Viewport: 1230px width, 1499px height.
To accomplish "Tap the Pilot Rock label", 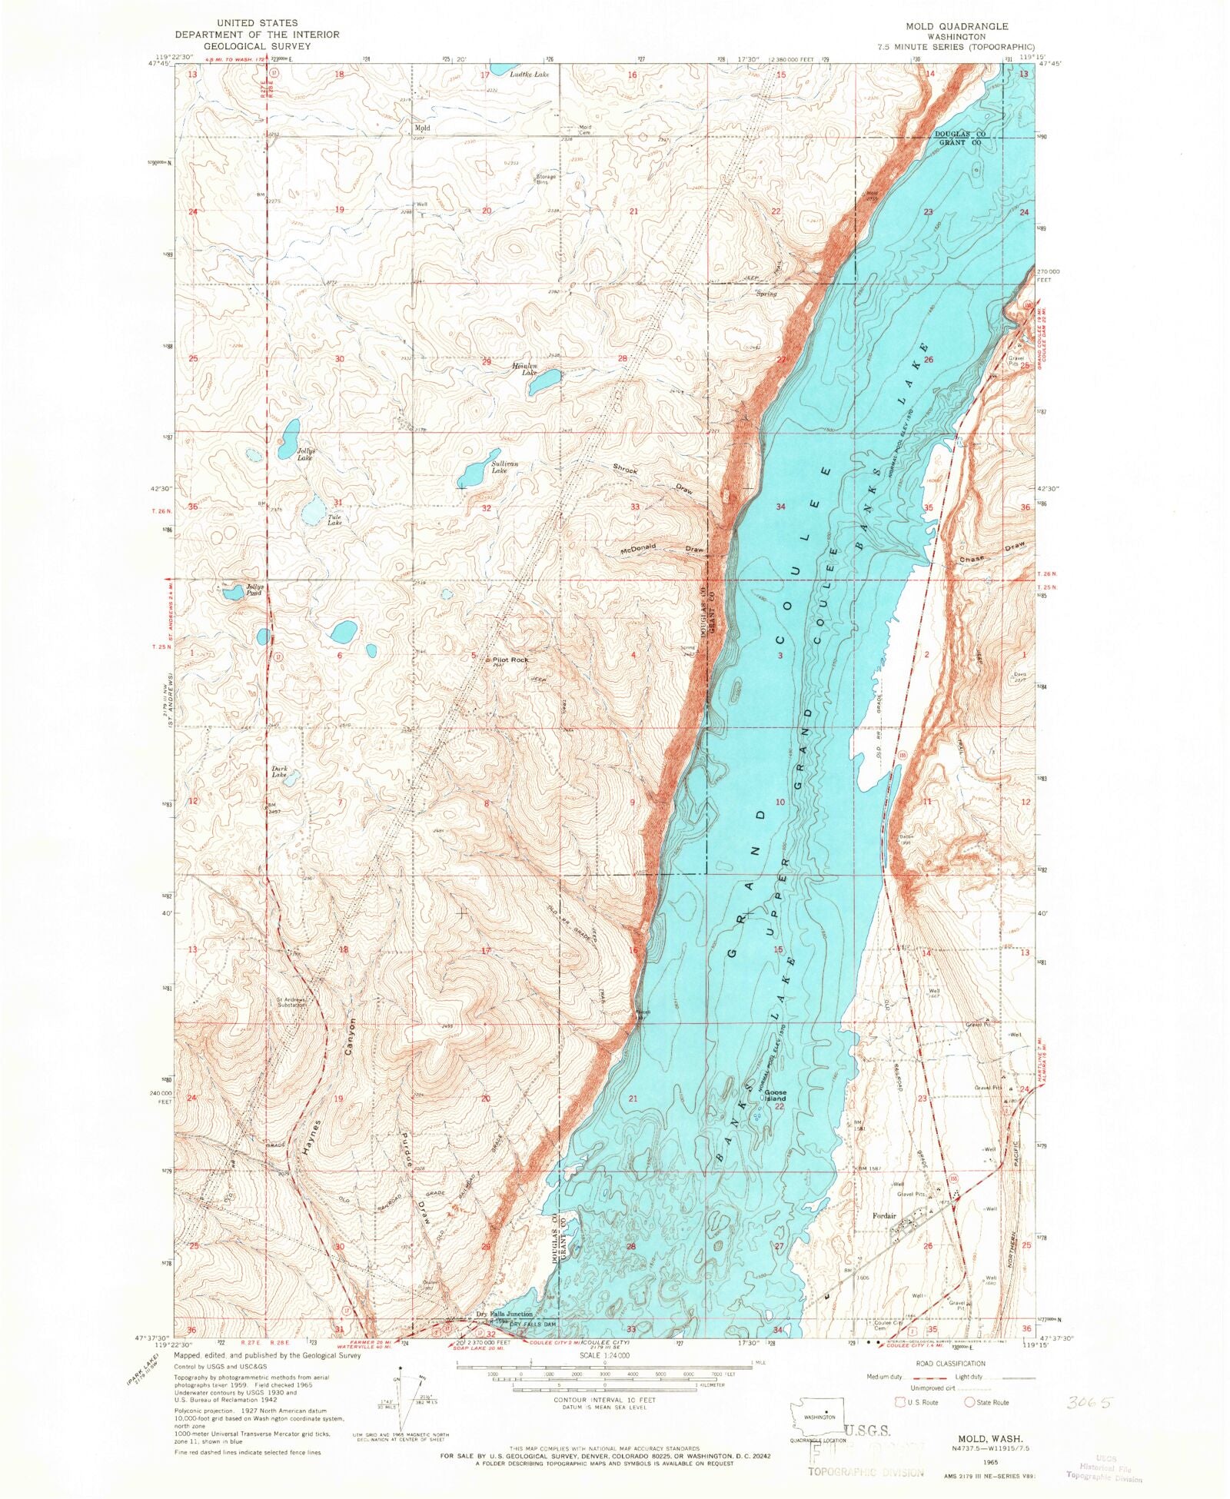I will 510,660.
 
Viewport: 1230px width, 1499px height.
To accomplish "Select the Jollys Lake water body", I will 289,437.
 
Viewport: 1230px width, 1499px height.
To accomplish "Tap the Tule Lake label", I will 334,520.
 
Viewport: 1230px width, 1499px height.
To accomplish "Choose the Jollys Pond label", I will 254,590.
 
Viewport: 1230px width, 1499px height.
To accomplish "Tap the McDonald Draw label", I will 661,549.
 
